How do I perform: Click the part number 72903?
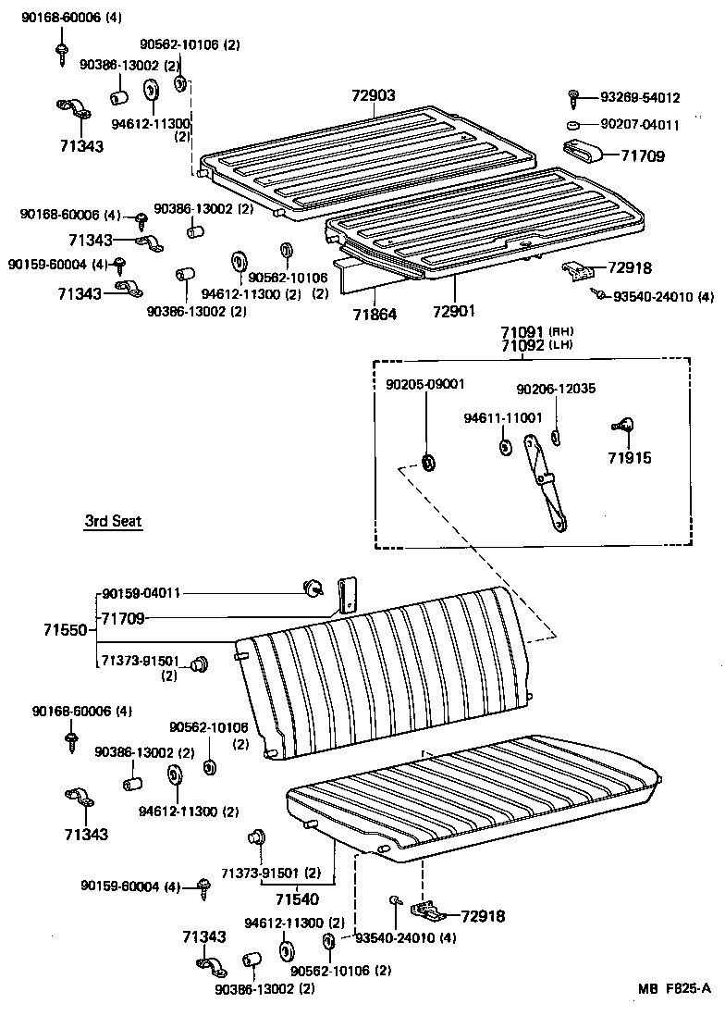(x=374, y=95)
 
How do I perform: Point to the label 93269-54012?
(x=640, y=97)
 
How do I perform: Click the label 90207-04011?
(x=640, y=125)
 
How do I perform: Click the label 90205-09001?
(x=425, y=384)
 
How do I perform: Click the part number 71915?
(x=629, y=458)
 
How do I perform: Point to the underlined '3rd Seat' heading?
(x=113, y=522)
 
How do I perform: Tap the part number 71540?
(x=297, y=898)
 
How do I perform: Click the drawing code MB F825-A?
(x=673, y=987)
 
